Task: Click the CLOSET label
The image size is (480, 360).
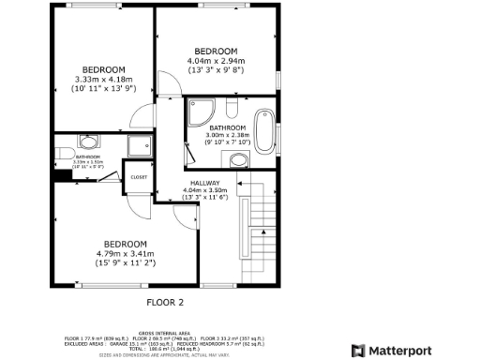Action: [138, 176]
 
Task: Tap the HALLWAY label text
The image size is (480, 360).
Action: [204, 183]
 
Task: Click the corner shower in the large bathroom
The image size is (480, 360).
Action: [200, 112]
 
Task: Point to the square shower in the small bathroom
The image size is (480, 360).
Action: [140, 144]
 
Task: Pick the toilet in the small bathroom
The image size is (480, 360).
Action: [89, 142]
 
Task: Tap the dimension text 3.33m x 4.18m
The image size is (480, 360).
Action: [103, 79]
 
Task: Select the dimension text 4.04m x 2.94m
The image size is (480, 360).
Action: [216, 60]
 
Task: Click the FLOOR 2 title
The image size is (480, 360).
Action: [165, 302]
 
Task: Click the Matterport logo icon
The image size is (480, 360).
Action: [358, 351]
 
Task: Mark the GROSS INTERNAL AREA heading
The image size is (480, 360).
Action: [165, 333]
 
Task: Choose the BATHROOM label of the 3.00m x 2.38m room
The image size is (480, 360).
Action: [227, 127]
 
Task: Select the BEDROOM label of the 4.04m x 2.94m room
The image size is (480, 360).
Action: [216, 51]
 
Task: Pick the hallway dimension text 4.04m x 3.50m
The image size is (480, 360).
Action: [204, 191]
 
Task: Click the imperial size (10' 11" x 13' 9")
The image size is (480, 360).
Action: [103, 88]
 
